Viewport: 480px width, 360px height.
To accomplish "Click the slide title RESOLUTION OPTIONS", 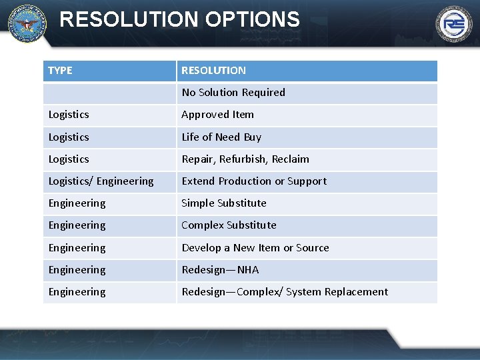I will pyautogui.click(x=179, y=19).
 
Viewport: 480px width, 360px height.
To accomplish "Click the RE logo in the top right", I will pyautogui.click(x=454, y=25).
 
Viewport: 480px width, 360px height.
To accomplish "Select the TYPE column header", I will pyautogui.click(x=60, y=70).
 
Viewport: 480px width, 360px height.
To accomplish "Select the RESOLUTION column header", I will pyautogui.click(x=213, y=70).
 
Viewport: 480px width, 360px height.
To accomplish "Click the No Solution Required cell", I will pyautogui.click(x=233, y=93).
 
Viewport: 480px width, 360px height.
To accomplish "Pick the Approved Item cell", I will pyautogui.click(x=217, y=115).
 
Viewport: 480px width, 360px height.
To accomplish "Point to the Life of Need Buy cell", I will pyautogui.click(x=221, y=137).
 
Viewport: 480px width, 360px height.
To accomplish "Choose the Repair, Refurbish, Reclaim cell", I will pyautogui.click(x=245, y=159).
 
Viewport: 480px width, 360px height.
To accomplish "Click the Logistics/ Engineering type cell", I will pyautogui.click(x=101, y=181).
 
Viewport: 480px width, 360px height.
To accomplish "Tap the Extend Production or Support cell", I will pyautogui.click(x=254, y=181).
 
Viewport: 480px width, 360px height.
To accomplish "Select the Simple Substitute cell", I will pyautogui.click(x=224, y=203).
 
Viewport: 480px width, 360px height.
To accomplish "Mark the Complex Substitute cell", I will pyautogui.click(x=229, y=225).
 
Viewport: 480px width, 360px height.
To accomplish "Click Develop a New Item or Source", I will pyautogui.click(x=255, y=248).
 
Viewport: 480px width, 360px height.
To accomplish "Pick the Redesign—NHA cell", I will pyautogui.click(x=220, y=270).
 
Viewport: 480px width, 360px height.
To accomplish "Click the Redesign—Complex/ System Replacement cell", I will pyautogui.click(x=285, y=292).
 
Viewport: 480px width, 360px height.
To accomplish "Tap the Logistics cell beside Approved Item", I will pyautogui.click(x=69, y=115).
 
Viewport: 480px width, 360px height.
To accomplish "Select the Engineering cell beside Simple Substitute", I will pyautogui.click(x=77, y=203).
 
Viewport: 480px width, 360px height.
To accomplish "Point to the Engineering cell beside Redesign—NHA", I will pyautogui.click(x=77, y=270).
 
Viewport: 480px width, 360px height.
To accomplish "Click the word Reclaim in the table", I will pyautogui.click(x=291, y=159).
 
